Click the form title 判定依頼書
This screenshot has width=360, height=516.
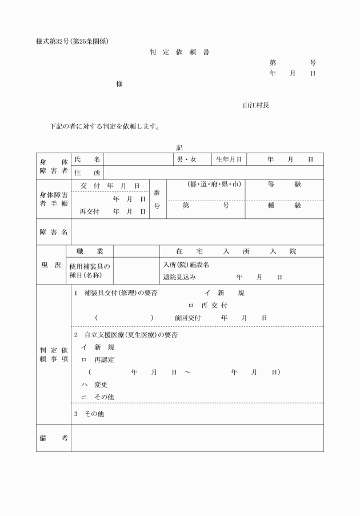click(x=179, y=53)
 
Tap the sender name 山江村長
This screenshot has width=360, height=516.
click(x=255, y=105)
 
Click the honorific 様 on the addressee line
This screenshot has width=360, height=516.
click(x=119, y=84)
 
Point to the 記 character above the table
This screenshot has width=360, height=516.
click(x=179, y=147)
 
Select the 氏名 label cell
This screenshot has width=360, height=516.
click(x=87, y=159)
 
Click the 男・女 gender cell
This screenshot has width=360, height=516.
click(x=186, y=159)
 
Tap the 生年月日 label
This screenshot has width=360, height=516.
click(x=229, y=159)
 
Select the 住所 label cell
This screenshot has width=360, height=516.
click(x=87, y=173)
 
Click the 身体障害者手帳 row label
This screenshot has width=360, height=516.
click(x=54, y=199)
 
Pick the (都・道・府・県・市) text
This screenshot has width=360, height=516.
click(x=206, y=185)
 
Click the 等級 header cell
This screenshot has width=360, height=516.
click(x=284, y=185)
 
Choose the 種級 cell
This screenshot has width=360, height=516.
click(x=284, y=206)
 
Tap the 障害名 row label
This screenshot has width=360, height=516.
click(x=54, y=232)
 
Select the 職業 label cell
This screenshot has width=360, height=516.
click(x=90, y=251)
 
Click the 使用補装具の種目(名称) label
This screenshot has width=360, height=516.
click(x=90, y=270)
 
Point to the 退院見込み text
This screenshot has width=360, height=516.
click(x=179, y=277)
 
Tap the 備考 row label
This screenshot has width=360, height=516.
click(x=54, y=438)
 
